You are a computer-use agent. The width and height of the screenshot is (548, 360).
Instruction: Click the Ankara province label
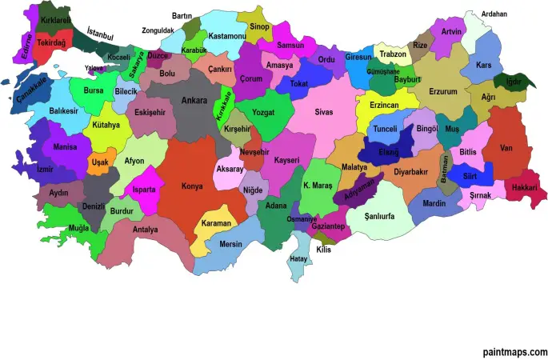[x=194, y=101]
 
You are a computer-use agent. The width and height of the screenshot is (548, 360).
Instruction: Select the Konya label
[x=192, y=185]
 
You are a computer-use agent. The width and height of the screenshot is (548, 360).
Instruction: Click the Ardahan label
[x=494, y=14]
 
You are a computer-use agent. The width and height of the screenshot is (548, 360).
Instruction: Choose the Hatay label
[x=298, y=258]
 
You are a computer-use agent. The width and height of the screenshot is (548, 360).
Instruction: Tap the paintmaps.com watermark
[x=514, y=351]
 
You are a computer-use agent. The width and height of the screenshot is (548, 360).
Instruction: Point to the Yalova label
[x=94, y=69]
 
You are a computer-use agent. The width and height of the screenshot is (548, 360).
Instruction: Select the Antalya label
[x=146, y=230]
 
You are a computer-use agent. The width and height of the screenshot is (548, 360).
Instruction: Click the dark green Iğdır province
[x=509, y=81]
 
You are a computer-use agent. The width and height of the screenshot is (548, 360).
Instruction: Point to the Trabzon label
[x=392, y=54]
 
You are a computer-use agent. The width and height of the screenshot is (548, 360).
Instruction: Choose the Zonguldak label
[x=158, y=30]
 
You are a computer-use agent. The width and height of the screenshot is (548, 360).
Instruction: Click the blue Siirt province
[x=470, y=176]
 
